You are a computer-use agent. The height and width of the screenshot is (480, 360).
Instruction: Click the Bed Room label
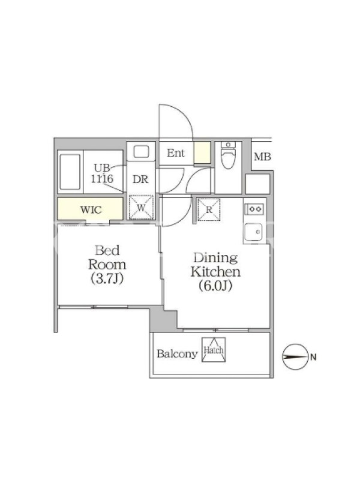(107, 257)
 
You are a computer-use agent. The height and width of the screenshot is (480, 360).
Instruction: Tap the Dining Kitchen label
(215, 265)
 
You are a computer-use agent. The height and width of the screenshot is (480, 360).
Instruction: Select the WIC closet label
(91, 209)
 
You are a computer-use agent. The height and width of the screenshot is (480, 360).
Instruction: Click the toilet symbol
(228, 155)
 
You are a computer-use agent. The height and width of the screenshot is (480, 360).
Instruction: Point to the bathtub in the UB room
(70, 172)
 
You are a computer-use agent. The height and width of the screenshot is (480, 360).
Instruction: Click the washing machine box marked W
(141, 207)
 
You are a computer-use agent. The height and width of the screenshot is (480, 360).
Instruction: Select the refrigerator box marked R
(209, 209)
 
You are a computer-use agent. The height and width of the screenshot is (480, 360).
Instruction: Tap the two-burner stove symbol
(254, 209)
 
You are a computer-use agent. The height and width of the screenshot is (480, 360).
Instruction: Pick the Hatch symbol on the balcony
(214, 350)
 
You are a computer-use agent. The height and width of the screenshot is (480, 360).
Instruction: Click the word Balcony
(177, 354)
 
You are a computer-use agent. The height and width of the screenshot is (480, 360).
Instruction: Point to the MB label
(262, 157)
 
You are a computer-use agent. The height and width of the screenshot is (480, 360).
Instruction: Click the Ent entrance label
(176, 153)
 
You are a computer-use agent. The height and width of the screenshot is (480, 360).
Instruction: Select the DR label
(140, 179)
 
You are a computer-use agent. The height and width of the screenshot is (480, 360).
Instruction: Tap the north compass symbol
(295, 356)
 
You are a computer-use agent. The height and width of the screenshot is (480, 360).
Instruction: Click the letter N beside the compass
(313, 357)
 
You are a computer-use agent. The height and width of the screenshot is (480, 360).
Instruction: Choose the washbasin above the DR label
(141, 152)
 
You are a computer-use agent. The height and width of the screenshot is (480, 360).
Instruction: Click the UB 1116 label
(102, 173)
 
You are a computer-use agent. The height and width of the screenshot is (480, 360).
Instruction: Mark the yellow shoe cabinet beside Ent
(202, 152)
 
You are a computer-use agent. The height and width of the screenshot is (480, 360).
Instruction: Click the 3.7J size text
(107, 278)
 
